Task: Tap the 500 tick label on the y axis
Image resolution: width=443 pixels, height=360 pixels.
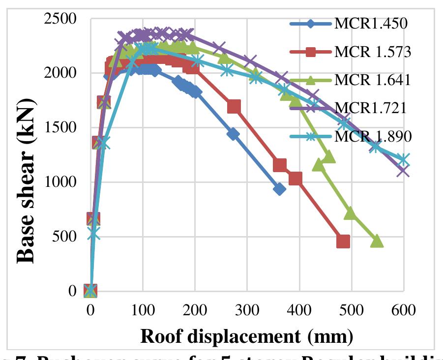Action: (68, 237)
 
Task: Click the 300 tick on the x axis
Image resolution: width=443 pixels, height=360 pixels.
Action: (247, 311)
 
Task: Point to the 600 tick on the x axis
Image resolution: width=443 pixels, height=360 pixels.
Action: (403, 311)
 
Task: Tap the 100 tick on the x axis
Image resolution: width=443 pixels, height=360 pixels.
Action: (143, 311)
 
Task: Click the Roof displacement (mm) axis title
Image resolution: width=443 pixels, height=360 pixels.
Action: (247, 336)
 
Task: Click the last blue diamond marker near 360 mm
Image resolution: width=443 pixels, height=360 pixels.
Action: (279, 189)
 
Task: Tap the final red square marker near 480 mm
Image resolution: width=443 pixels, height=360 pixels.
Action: (343, 241)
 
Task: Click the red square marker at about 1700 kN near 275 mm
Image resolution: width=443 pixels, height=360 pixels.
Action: (234, 107)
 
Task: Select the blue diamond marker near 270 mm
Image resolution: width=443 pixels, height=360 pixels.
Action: (233, 134)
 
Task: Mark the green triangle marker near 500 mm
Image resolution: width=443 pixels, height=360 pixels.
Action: (350, 213)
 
